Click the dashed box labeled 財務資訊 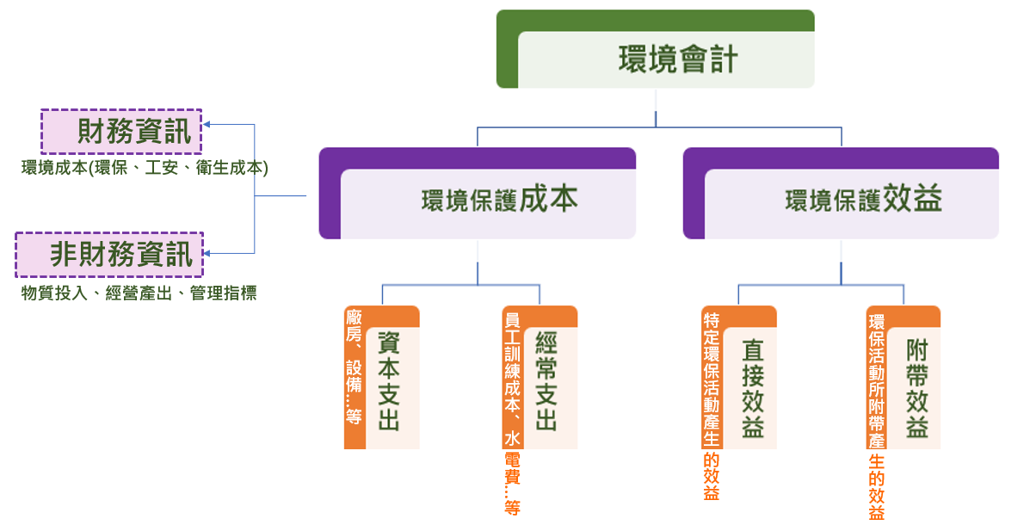pos(121,131)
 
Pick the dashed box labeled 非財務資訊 pos(109,254)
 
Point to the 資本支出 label pos(389,382)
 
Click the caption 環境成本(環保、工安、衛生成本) pos(145,169)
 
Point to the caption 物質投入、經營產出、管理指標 pos(139,293)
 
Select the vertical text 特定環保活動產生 pos(711,383)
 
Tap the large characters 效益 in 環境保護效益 pos(912,198)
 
